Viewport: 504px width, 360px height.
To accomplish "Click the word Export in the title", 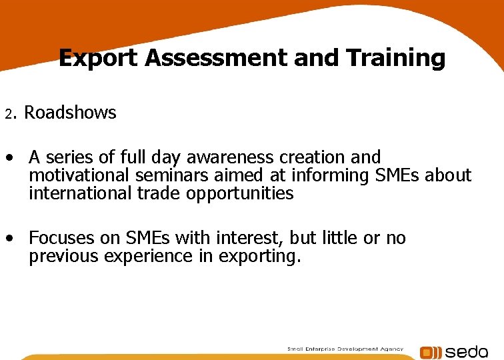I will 99,59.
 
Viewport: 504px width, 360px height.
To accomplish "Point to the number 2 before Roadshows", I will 9,114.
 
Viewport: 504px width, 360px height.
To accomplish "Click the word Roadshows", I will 70,113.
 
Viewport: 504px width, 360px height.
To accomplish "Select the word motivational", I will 80,176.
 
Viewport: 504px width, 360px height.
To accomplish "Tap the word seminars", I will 169,176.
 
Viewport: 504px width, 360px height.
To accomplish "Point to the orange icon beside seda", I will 431,353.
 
